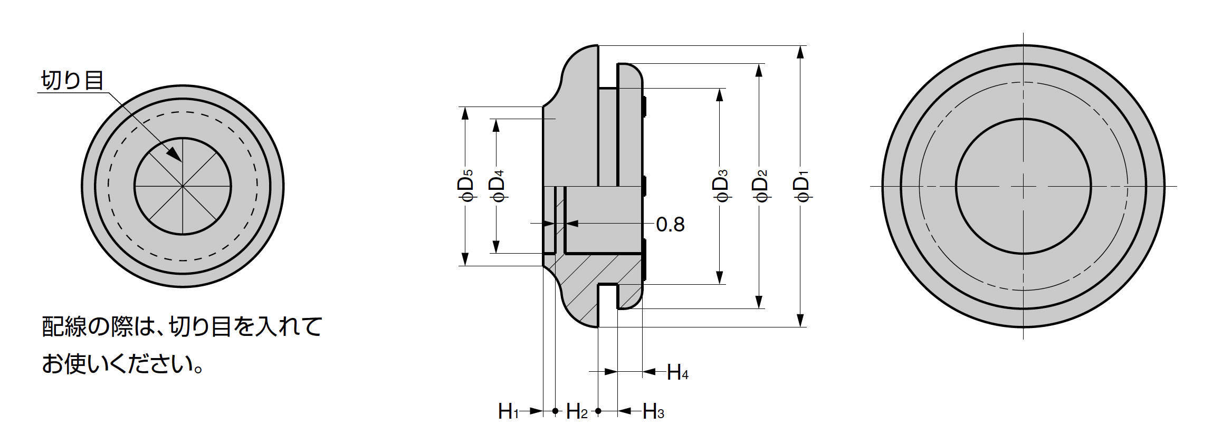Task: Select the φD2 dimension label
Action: click(759, 186)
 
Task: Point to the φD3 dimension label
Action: click(720, 186)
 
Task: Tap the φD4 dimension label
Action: click(497, 186)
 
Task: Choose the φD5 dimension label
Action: click(465, 186)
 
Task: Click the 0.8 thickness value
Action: click(670, 225)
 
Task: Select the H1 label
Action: click(509, 412)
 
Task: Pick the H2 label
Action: click(576, 412)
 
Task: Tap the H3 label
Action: click(653, 412)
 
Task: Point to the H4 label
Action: click(677, 373)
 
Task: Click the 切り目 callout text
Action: click(72, 81)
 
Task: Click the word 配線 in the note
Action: click(63, 327)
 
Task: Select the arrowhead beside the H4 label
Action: click(650, 372)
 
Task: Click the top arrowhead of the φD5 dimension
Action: click(465, 113)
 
